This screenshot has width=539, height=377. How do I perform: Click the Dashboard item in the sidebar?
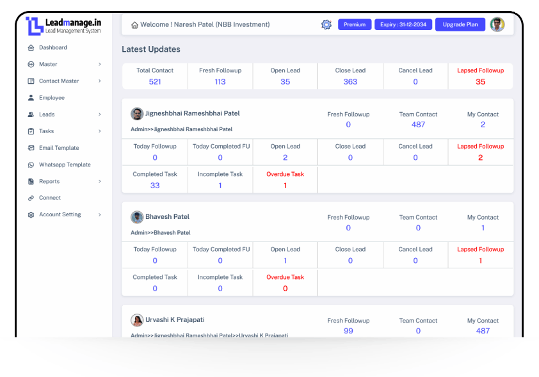pyautogui.click(x=52, y=47)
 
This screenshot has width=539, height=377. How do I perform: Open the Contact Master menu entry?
pyautogui.click(x=59, y=81)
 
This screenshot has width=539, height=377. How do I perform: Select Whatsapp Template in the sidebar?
pyautogui.click(x=65, y=164)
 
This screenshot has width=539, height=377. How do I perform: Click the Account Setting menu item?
pyautogui.click(x=60, y=214)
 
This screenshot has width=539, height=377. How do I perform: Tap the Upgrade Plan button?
pyautogui.click(x=460, y=24)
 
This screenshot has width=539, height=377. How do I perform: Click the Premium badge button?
pyautogui.click(x=355, y=24)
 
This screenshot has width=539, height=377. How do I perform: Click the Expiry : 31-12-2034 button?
pyautogui.click(x=403, y=24)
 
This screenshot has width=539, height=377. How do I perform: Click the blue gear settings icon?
pyautogui.click(x=326, y=24)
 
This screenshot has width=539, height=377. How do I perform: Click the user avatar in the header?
pyautogui.click(x=497, y=24)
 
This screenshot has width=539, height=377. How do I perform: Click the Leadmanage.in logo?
pyautogui.click(x=64, y=26)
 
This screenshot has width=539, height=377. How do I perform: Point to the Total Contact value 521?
pyautogui.click(x=155, y=82)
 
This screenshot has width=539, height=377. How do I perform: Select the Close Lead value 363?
pyautogui.click(x=350, y=82)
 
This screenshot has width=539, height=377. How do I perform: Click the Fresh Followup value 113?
pyautogui.click(x=220, y=82)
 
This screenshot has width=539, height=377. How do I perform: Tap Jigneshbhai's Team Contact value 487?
pyautogui.click(x=418, y=125)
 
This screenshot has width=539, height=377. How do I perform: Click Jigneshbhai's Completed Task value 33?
pyautogui.click(x=155, y=186)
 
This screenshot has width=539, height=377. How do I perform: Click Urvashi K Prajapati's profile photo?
pyautogui.click(x=137, y=320)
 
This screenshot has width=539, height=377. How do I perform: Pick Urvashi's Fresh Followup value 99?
pyautogui.click(x=348, y=331)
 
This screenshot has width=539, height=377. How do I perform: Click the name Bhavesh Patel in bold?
pyautogui.click(x=167, y=217)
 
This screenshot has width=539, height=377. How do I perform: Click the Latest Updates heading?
pyautogui.click(x=151, y=49)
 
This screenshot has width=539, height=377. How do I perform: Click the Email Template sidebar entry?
pyautogui.click(x=59, y=148)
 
